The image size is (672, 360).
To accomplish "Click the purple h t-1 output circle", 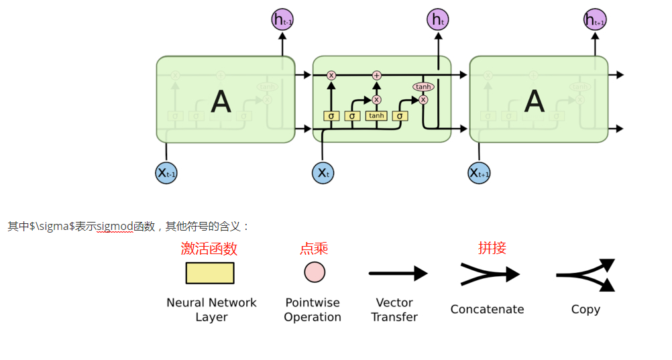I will click(282, 20).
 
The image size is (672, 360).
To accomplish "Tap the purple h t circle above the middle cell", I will click(438, 20).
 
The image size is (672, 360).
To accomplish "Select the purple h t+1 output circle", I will click(595, 20).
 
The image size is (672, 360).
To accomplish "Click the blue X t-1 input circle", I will click(166, 173).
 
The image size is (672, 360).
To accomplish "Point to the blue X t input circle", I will click(323, 173).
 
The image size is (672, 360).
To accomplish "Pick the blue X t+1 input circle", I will click(479, 173).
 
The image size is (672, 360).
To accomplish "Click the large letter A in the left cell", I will click(221, 101).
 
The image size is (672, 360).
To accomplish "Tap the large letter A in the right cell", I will click(534, 101).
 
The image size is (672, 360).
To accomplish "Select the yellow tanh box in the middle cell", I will click(376, 116).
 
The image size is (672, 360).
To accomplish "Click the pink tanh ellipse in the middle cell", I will click(423, 86).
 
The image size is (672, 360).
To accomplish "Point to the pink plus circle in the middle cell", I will click(376, 75).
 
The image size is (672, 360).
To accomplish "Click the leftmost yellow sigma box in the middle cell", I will click(331, 116).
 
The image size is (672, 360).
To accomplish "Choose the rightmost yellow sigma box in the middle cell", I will click(400, 116).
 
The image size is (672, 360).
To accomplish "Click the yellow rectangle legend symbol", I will click(210, 273).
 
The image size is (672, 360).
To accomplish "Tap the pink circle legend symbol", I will click(315, 272).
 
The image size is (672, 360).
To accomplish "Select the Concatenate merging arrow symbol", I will click(490, 274).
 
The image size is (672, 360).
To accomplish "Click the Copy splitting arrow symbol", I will click(585, 275).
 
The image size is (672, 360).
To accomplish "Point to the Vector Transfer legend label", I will click(394, 310).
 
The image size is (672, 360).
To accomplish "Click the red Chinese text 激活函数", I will click(209, 249).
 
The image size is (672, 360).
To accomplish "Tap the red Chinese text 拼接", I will click(492, 248).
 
